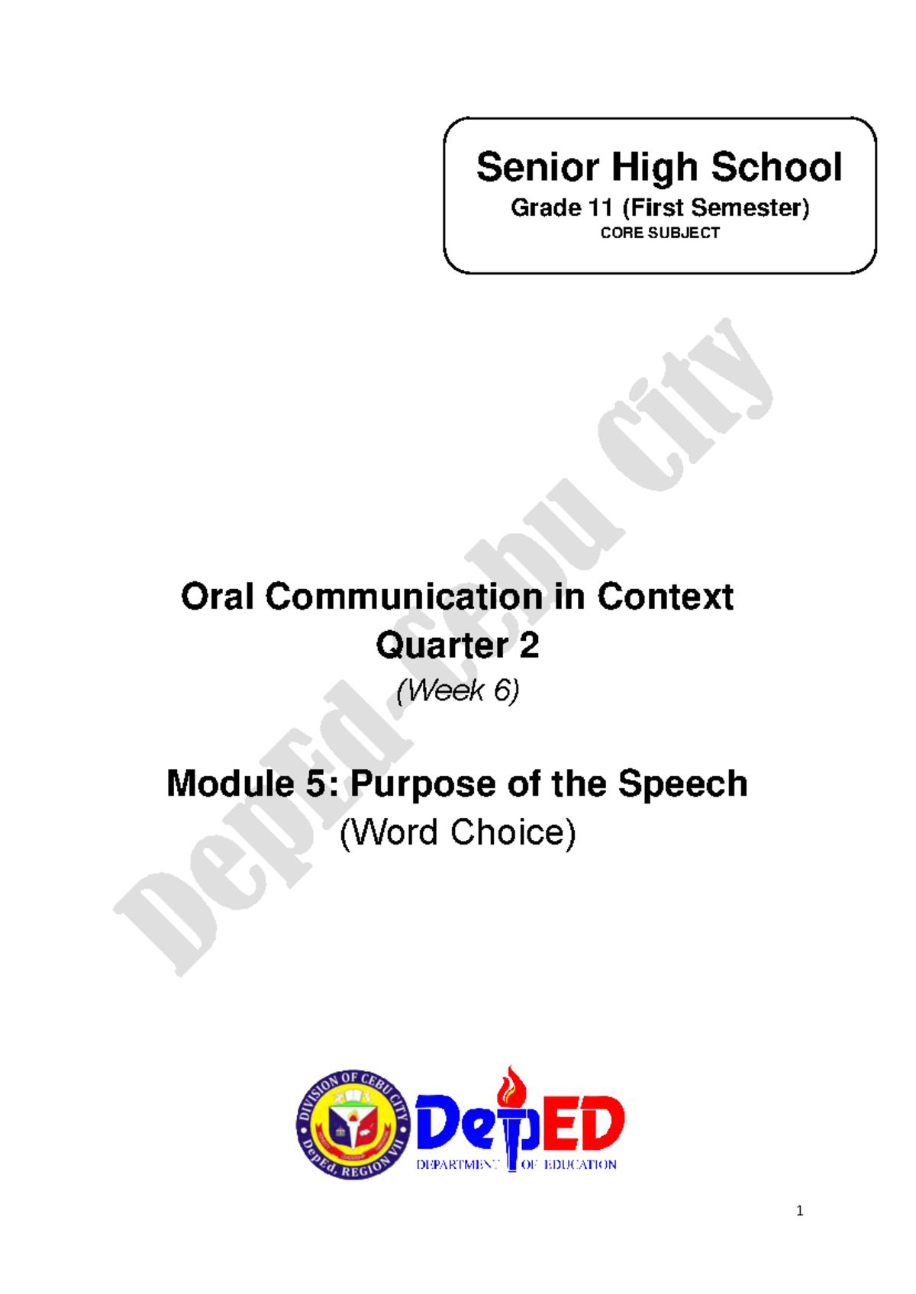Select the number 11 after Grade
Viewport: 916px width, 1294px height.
[597, 208]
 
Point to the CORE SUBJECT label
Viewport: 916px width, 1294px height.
[660, 233]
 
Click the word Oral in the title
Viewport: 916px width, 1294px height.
[217, 597]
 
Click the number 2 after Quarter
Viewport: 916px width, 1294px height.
[529, 645]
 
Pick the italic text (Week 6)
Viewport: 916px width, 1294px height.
[457, 690]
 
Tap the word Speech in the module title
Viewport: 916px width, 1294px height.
[682, 784]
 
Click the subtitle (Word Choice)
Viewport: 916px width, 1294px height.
[457, 832]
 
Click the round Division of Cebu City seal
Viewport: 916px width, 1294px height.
[353, 1124]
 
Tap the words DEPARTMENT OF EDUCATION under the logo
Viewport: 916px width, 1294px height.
[516, 1165]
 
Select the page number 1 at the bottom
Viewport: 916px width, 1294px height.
[799, 1211]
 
